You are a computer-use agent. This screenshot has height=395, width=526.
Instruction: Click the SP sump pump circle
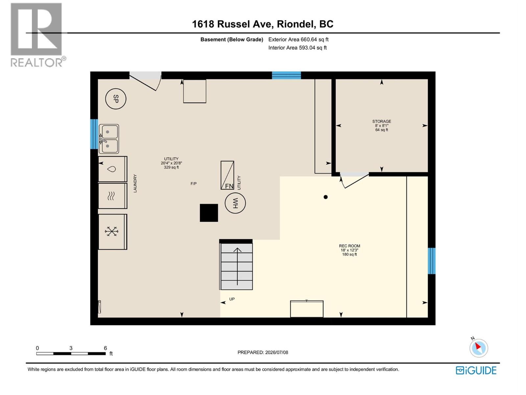click(x=115, y=98)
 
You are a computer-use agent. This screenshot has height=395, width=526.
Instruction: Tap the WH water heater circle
click(x=235, y=203)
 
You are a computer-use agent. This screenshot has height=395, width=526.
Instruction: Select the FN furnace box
click(x=227, y=175)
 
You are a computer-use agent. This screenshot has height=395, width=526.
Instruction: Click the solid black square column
click(x=209, y=213)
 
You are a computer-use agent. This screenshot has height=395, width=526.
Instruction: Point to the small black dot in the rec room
click(x=325, y=197)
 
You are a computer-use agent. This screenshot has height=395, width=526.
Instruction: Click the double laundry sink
click(x=108, y=139)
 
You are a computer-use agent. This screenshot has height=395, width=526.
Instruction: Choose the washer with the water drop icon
click(x=112, y=169)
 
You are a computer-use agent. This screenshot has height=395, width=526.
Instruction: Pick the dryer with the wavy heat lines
click(x=112, y=196)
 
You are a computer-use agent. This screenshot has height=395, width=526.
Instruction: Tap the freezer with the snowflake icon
click(x=112, y=232)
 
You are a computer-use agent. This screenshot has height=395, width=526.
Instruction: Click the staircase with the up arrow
click(x=236, y=266)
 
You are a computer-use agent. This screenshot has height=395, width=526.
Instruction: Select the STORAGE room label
click(x=381, y=121)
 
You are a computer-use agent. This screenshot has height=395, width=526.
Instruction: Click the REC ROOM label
click(x=349, y=246)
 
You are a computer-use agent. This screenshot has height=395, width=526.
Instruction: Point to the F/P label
click(x=193, y=184)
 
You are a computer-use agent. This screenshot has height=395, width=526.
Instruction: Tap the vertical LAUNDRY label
click(x=135, y=183)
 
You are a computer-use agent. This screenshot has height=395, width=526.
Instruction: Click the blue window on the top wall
click(x=286, y=75)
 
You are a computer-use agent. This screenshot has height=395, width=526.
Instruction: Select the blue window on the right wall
click(x=431, y=261)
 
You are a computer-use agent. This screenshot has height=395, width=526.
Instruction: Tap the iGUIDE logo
click(x=476, y=371)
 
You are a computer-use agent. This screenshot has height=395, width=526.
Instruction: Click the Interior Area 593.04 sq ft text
click(x=297, y=48)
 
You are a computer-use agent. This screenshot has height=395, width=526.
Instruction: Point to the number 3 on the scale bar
click(x=71, y=348)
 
